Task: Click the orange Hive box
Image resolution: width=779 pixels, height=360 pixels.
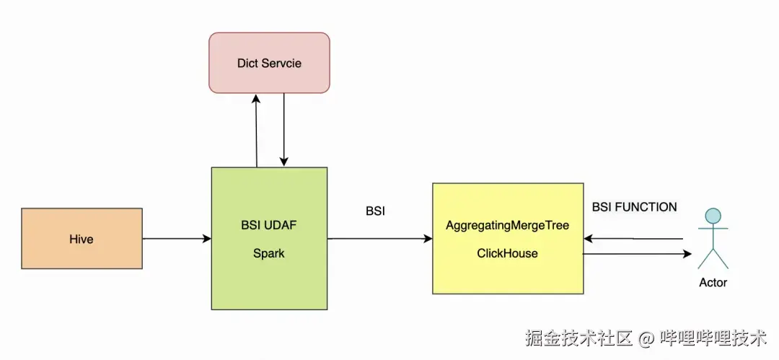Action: (82, 239)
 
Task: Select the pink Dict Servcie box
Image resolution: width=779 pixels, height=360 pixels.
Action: (269, 63)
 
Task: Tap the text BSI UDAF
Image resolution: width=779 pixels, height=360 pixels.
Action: (269, 226)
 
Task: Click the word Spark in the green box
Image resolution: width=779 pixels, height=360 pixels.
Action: (269, 253)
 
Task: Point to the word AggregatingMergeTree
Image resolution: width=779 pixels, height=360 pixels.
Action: (507, 226)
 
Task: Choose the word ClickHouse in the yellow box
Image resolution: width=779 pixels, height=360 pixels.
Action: (507, 253)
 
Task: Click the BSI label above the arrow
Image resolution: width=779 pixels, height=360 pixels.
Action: (375, 211)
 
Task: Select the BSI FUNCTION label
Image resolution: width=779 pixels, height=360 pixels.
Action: (634, 207)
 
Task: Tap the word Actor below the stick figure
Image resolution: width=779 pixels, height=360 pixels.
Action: (713, 282)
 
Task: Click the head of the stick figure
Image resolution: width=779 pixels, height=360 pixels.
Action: (713, 215)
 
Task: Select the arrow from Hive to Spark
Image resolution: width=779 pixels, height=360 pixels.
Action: (176, 238)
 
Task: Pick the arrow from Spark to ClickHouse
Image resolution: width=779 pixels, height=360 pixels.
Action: (379, 238)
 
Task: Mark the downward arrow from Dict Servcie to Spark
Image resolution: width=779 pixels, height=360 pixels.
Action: (284, 130)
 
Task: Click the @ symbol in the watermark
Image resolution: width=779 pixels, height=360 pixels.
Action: (646, 338)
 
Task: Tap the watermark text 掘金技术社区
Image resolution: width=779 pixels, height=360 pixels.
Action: (578, 338)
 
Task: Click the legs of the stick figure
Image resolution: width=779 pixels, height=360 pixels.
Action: (713, 258)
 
